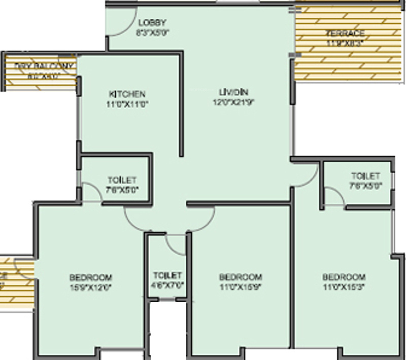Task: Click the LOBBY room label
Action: point(153,23)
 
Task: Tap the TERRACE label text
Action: point(345,33)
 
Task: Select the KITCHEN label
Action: point(127,94)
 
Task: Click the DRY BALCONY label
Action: point(44,66)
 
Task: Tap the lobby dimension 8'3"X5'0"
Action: point(152,32)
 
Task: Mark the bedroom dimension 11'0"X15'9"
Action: point(241,286)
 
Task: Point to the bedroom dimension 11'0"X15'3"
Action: point(344,286)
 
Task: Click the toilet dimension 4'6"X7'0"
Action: point(167,285)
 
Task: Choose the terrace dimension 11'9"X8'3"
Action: point(345,43)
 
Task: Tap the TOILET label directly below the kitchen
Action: point(122,180)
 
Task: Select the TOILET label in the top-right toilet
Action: point(365,176)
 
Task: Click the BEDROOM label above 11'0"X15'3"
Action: point(344,277)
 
